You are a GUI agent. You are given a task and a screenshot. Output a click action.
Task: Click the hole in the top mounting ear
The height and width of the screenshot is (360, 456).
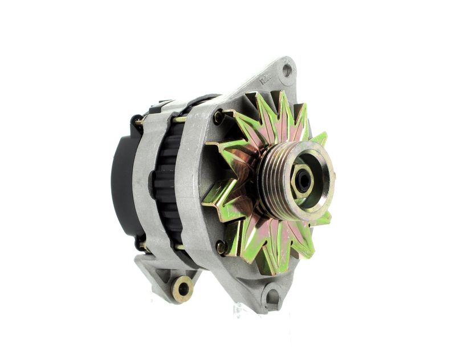click(x=287, y=70)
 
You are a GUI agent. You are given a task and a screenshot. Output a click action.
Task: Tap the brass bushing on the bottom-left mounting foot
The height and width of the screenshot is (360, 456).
click(x=183, y=288)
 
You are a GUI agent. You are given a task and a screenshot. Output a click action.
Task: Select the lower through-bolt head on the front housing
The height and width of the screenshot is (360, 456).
click(x=221, y=247)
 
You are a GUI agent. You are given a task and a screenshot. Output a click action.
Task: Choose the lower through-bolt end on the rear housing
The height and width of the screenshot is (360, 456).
click(x=141, y=246)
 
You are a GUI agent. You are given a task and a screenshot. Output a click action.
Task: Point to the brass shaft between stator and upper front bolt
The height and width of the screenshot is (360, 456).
click(x=180, y=119)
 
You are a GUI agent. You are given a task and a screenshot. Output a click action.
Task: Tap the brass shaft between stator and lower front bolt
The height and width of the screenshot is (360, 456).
click(x=181, y=246)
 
